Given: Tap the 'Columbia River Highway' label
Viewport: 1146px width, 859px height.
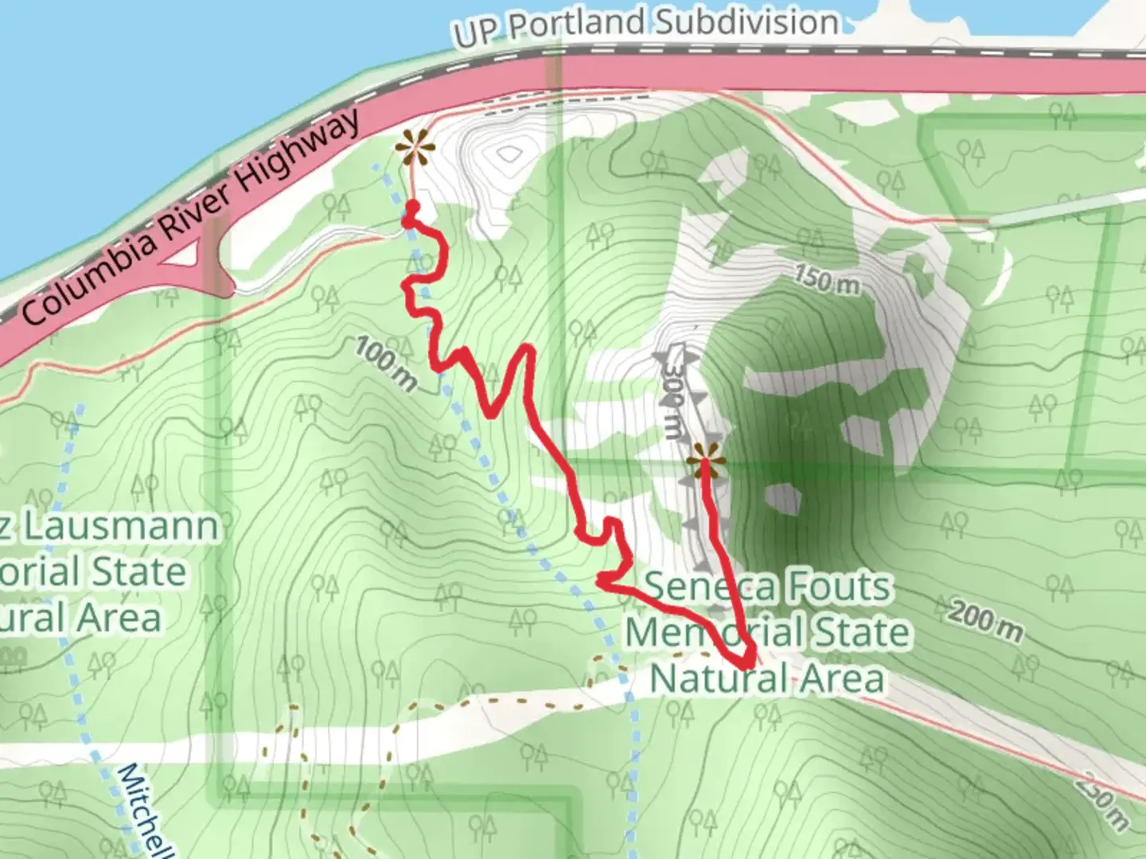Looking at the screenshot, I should tap(191, 216).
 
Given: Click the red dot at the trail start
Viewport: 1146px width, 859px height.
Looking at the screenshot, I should tap(412, 208).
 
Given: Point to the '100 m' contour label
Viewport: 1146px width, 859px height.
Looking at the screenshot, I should tap(385, 363).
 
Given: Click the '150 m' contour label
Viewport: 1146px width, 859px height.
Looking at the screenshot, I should tap(827, 279).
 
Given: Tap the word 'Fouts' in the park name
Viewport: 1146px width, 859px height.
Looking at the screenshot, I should tap(839, 587).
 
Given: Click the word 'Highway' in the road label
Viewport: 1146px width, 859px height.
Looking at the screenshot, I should tap(299, 152).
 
